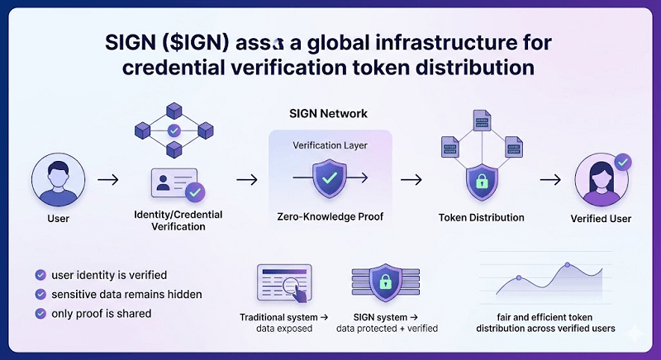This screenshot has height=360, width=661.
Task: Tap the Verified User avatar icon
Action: pyautogui.click(x=601, y=179)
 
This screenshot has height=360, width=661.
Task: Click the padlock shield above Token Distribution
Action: pyautogui.click(x=482, y=183)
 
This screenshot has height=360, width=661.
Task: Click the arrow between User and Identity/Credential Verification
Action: pyautogui.click(x=107, y=178)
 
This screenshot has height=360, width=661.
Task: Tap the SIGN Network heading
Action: pyautogui.click(x=328, y=113)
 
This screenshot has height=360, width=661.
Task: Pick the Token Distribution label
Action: pyautogui.click(x=482, y=218)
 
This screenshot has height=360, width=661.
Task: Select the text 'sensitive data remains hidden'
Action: pyautogui.click(x=126, y=294)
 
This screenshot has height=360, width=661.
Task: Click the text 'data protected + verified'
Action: pyautogui.click(x=387, y=329)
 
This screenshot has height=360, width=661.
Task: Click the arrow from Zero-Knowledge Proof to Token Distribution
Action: pyautogui.click(x=411, y=178)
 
